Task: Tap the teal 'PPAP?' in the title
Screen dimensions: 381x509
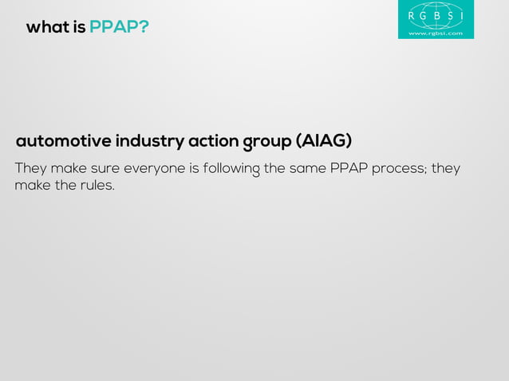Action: click(119, 28)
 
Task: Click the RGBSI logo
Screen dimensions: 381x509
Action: click(436, 19)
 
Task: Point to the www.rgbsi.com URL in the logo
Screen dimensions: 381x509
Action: click(436, 33)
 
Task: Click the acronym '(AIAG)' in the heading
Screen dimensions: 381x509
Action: click(324, 142)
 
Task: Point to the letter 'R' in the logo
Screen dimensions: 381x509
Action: click(411, 15)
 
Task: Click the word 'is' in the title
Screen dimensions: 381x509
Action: click(79, 28)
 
